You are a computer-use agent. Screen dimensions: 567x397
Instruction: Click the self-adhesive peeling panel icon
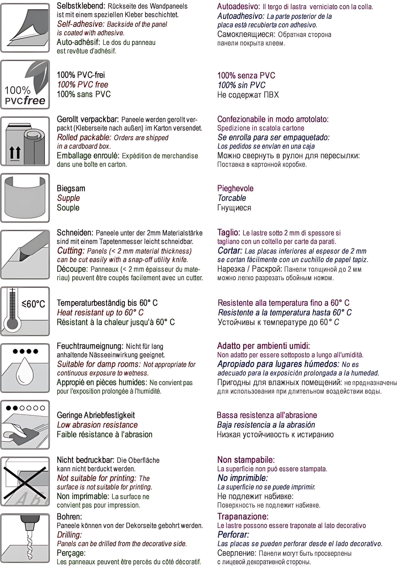click(x=25, y=28)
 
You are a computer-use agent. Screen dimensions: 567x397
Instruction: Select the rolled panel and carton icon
click(x=25, y=141)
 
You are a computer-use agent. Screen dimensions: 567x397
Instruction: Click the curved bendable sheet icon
click(x=25, y=198)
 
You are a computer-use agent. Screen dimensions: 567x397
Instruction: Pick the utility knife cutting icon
click(x=25, y=255)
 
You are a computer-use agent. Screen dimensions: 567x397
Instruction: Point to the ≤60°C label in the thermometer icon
click(x=33, y=304)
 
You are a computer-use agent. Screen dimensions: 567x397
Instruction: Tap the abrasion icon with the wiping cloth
click(x=25, y=425)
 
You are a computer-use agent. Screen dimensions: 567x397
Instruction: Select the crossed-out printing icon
click(x=25, y=481)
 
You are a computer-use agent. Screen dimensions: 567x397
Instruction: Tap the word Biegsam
click(x=71, y=188)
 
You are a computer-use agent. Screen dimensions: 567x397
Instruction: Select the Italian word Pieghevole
click(x=235, y=188)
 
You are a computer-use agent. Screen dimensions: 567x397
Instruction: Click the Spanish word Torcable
click(x=232, y=198)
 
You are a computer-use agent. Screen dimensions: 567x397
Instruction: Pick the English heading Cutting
click(x=71, y=251)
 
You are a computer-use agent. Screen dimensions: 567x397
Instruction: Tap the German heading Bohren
click(x=69, y=516)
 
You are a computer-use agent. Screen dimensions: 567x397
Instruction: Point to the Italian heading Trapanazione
click(x=243, y=516)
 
